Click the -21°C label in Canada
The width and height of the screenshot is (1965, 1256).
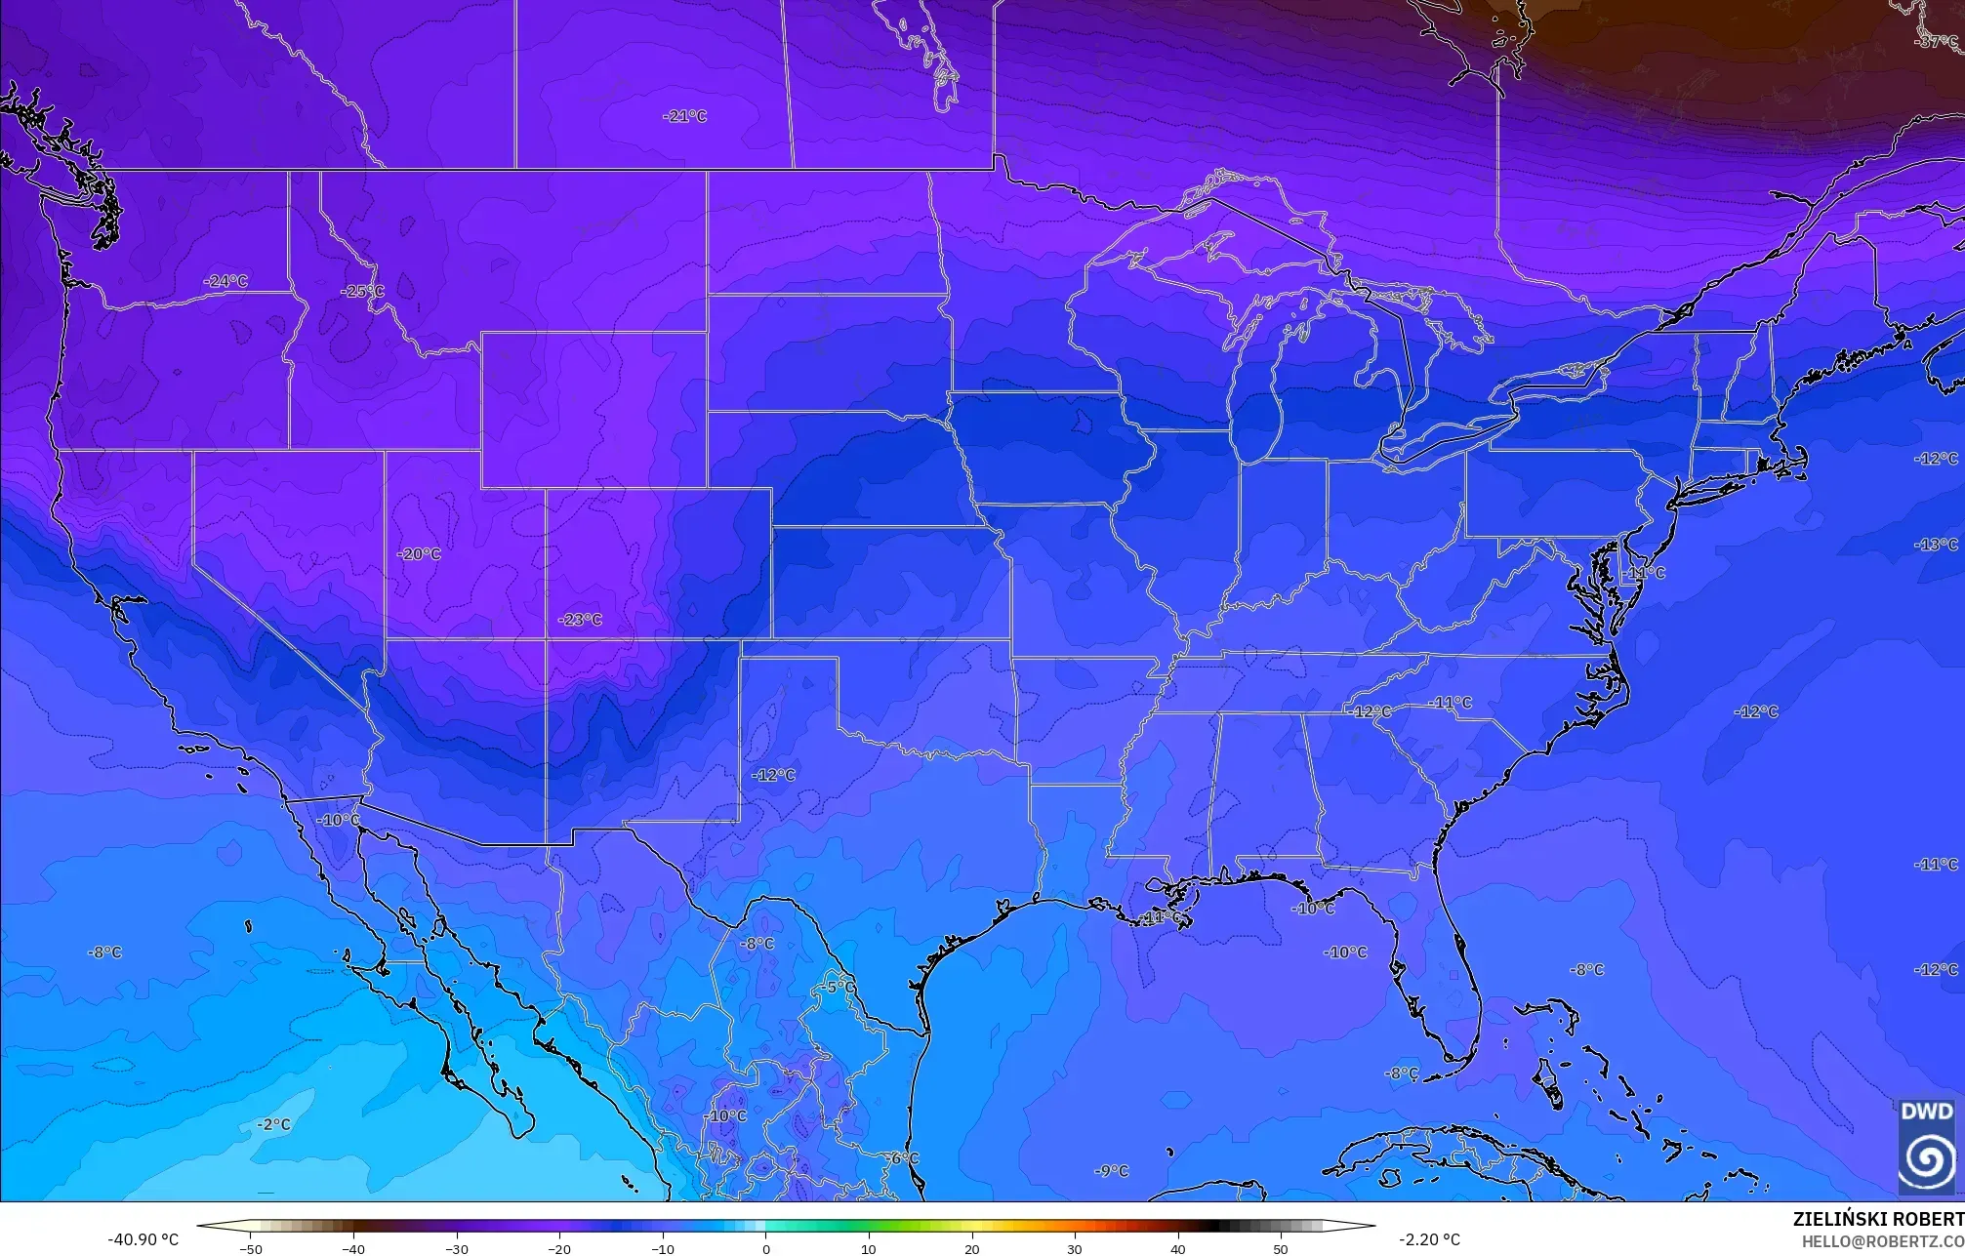click(684, 116)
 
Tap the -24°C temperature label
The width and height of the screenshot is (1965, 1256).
click(225, 281)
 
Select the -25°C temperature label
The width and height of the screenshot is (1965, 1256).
click(362, 292)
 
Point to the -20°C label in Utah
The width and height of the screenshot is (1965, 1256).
click(419, 554)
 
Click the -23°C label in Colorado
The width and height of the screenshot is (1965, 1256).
click(580, 620)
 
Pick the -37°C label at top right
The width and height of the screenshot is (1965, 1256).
click(1936, 42)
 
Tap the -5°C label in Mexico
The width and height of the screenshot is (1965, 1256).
click(836, 987)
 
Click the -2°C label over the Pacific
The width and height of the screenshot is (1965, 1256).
click(274, 1124)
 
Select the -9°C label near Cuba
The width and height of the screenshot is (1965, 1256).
click(1111, 1171)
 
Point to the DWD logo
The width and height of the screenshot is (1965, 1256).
click(1927, 1147)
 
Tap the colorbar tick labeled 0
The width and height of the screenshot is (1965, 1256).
click(765, 1248)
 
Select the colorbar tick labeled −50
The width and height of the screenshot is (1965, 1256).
click(251, 1248)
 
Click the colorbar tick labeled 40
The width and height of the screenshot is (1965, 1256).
click(1178, 1248)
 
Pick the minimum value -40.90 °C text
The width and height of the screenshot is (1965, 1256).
click(143, 1239)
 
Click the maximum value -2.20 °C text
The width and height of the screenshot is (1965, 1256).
click(1429, 1239)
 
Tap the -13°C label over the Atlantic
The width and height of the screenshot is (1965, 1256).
click(1937, 545)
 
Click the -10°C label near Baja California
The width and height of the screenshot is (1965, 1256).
click(340, 820)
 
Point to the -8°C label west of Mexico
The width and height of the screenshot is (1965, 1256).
click(104, 952)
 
